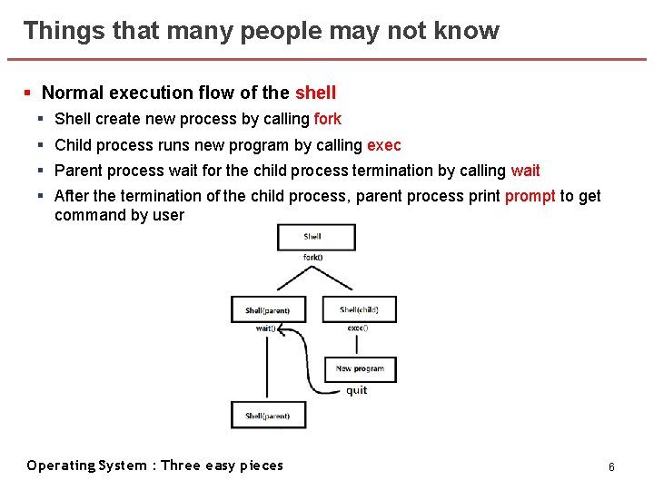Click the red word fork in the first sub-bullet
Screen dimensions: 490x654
coord(327,119)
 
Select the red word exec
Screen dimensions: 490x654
coord(383,145)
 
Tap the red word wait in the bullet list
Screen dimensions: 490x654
coord(525,171)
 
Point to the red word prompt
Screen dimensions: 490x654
coord(530,196)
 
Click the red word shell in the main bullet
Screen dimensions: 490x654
coord(315,93)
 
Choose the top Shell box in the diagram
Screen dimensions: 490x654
coord(316,237)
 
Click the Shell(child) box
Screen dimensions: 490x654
coord(359,309)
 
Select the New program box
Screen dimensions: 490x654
coord(360,368)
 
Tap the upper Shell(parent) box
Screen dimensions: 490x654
coord(268,309)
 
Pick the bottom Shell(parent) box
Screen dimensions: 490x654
coord(268,416)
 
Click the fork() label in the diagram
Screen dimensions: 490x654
coord(313,257)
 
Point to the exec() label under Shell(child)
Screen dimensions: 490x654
coord(358,328)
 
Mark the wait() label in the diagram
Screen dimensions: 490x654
coord(265,328)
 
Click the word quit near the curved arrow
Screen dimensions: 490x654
coord(357,390)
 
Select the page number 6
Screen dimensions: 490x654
coord(611,466)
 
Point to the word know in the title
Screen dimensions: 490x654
coord(469,31)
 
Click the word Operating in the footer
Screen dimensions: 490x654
coord(61,465)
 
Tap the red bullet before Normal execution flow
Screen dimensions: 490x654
coord(28,93)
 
